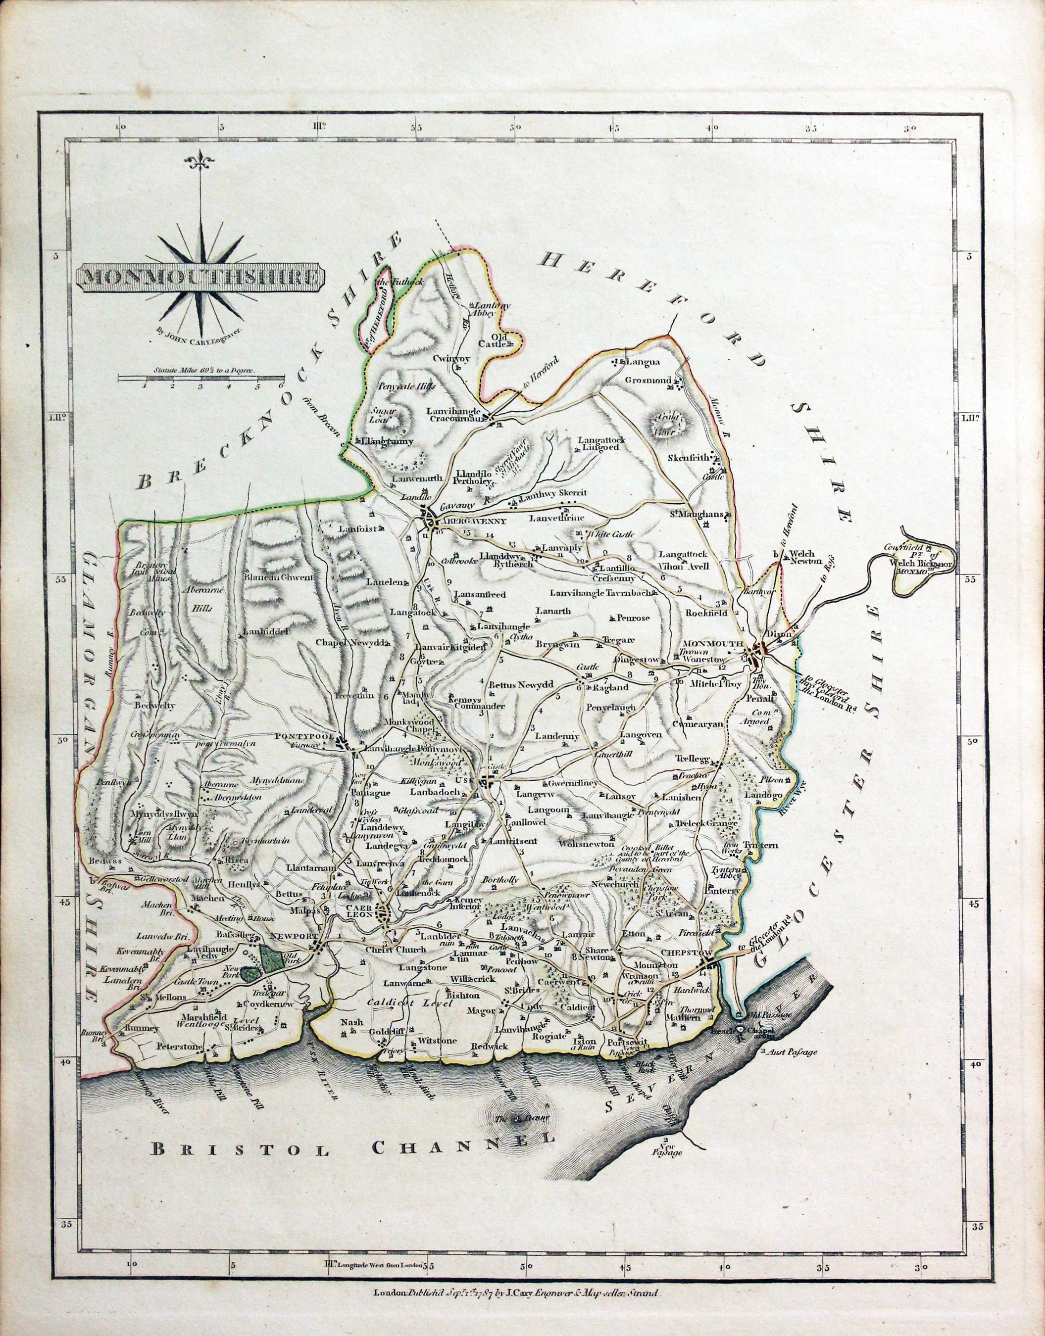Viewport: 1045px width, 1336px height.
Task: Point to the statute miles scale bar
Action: (202, 379)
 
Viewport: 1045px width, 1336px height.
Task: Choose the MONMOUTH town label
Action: (712, 644)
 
